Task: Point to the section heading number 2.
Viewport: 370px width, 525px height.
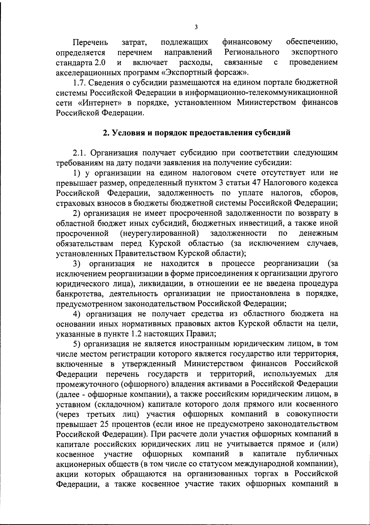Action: coord(105,133)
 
